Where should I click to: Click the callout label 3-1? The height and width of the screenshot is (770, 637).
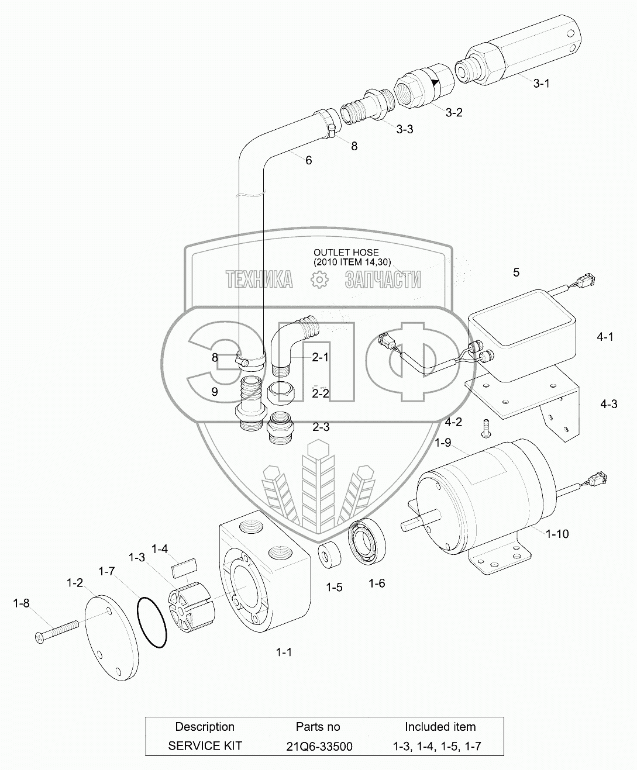click(541, 83)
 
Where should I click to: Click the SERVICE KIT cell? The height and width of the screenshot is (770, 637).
click(205, 746)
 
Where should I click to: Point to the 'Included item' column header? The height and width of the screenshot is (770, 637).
click(440, 727)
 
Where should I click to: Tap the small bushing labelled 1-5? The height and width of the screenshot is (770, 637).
click(329, 555)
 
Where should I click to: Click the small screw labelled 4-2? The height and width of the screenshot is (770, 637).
click(486, 428)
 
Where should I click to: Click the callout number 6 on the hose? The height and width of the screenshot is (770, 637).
click(308, 160)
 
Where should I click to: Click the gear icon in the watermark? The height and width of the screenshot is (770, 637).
click(319, 281)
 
